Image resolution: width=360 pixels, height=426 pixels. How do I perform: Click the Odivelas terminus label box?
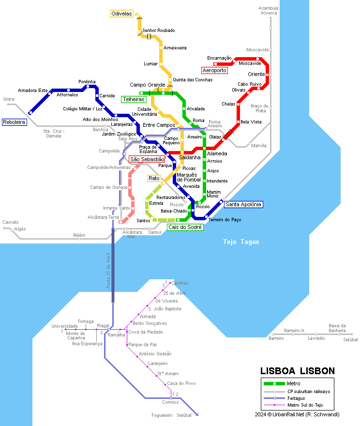(x=121, y=14)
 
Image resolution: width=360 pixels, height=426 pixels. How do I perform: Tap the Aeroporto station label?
(x=214, y=70)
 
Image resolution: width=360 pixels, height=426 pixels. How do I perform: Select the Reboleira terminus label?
(x=14, y=122)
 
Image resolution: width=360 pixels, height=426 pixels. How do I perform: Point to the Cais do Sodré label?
(x=184, y=227)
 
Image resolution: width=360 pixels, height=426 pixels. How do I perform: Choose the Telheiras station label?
(x=134, y=99)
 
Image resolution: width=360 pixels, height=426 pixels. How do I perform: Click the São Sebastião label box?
(x=147, y=159)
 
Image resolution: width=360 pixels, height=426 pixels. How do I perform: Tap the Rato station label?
(x=154, y=179)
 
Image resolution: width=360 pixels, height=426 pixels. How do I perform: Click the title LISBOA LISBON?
(x=297, y=371)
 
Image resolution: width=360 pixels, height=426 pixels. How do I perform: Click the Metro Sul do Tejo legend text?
(x=305, y=405)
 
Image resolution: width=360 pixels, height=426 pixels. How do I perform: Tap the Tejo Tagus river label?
(x=240, y=242)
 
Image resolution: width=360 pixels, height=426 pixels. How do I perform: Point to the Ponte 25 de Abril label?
(x=108, y=271)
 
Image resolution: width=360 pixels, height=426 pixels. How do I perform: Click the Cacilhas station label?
(x=180, y=283)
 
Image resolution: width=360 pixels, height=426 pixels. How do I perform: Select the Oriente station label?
(x=256, y=74)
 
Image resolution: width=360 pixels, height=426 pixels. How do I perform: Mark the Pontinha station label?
(x=87, y=81)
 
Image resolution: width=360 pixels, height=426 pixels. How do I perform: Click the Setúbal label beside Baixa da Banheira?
(x=350, y=340)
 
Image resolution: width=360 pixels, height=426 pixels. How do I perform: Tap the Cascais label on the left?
(x=10, y=222)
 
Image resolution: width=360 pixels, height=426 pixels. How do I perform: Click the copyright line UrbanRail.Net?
(x=297, y=414)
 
